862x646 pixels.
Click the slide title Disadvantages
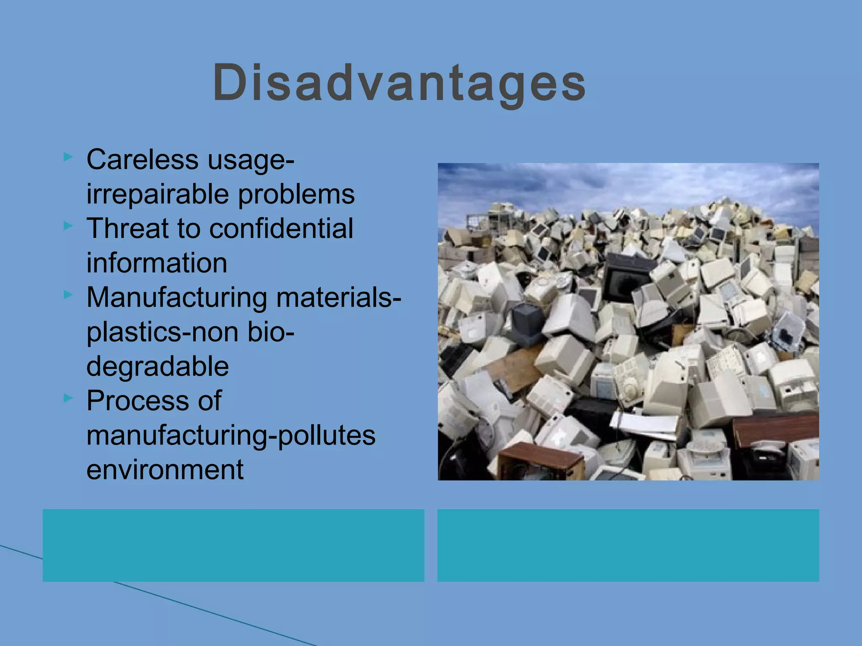click(399, 83)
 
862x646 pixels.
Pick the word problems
click(296, 194)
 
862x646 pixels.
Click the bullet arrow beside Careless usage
click(68, 157)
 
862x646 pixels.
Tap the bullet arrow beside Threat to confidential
click(68, 226)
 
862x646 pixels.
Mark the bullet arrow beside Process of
click(68, 398)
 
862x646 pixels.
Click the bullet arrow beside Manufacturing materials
click(68, 295)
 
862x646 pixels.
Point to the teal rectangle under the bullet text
click(233, 545)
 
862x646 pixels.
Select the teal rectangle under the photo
click(628, 545)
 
